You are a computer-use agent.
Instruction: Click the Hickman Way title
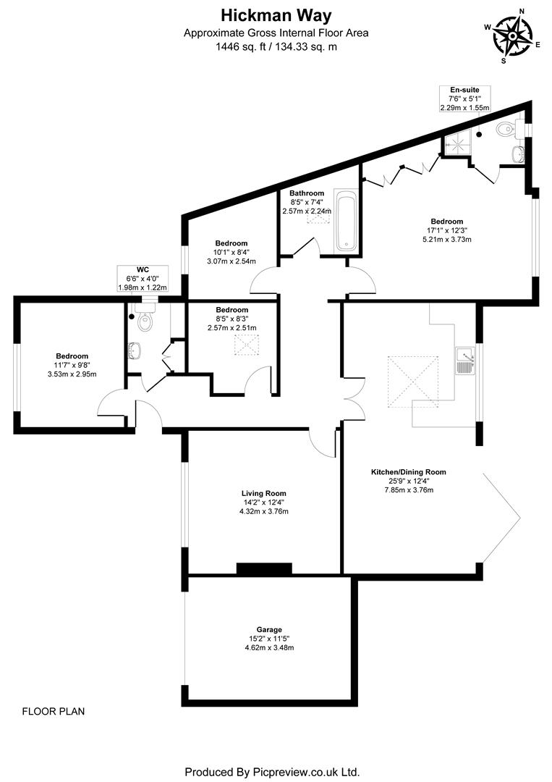pyautogui.click(x=276, y=14)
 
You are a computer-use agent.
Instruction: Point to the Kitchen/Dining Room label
pyautogui.click(x=408, y=480)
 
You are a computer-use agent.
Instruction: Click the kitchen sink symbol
pyautogui.click(x=464, y=360)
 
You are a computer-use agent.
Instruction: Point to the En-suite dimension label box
pyautogui.click(x=464, y=98)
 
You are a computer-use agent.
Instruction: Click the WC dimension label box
pyautogui.click(x=142, y=278)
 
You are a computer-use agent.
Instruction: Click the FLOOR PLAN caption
pyautogui.click(x=53, y=711)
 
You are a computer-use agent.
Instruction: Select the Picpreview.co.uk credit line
pyautogui.click(x=272, y=772)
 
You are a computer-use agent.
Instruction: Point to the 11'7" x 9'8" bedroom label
pyautogui.click(x=72, y=365)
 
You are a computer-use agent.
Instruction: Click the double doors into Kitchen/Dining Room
pyautogui.click(x=354, y=398)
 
